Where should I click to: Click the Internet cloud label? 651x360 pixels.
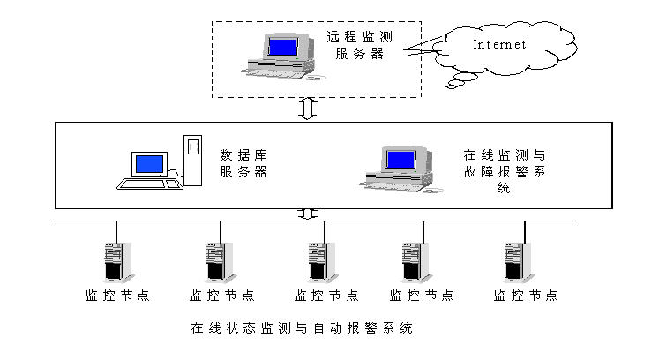pyautogui.click(x=499, y=44)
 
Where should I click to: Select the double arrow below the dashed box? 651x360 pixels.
pyautogui.click(x=307, y=109)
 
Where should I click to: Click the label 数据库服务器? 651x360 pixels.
pyautogui.click(x=243, y=164)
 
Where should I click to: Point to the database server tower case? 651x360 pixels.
pyautogui.click(x=192, y=159)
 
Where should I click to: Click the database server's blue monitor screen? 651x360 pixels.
pyautogui.click(x=149, y=164)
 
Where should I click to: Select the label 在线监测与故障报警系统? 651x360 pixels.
pyautogui.click(x=504, y=170)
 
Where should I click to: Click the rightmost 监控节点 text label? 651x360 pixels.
pyautogui.click(x=526, y=296)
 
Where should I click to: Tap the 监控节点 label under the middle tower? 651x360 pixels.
pyautogui.click(x=325, y=296)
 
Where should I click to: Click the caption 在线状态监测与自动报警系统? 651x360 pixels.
pyautogui.click(x=302, y=328)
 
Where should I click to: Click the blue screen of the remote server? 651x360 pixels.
pyautogui.click(x=282, y=46)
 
